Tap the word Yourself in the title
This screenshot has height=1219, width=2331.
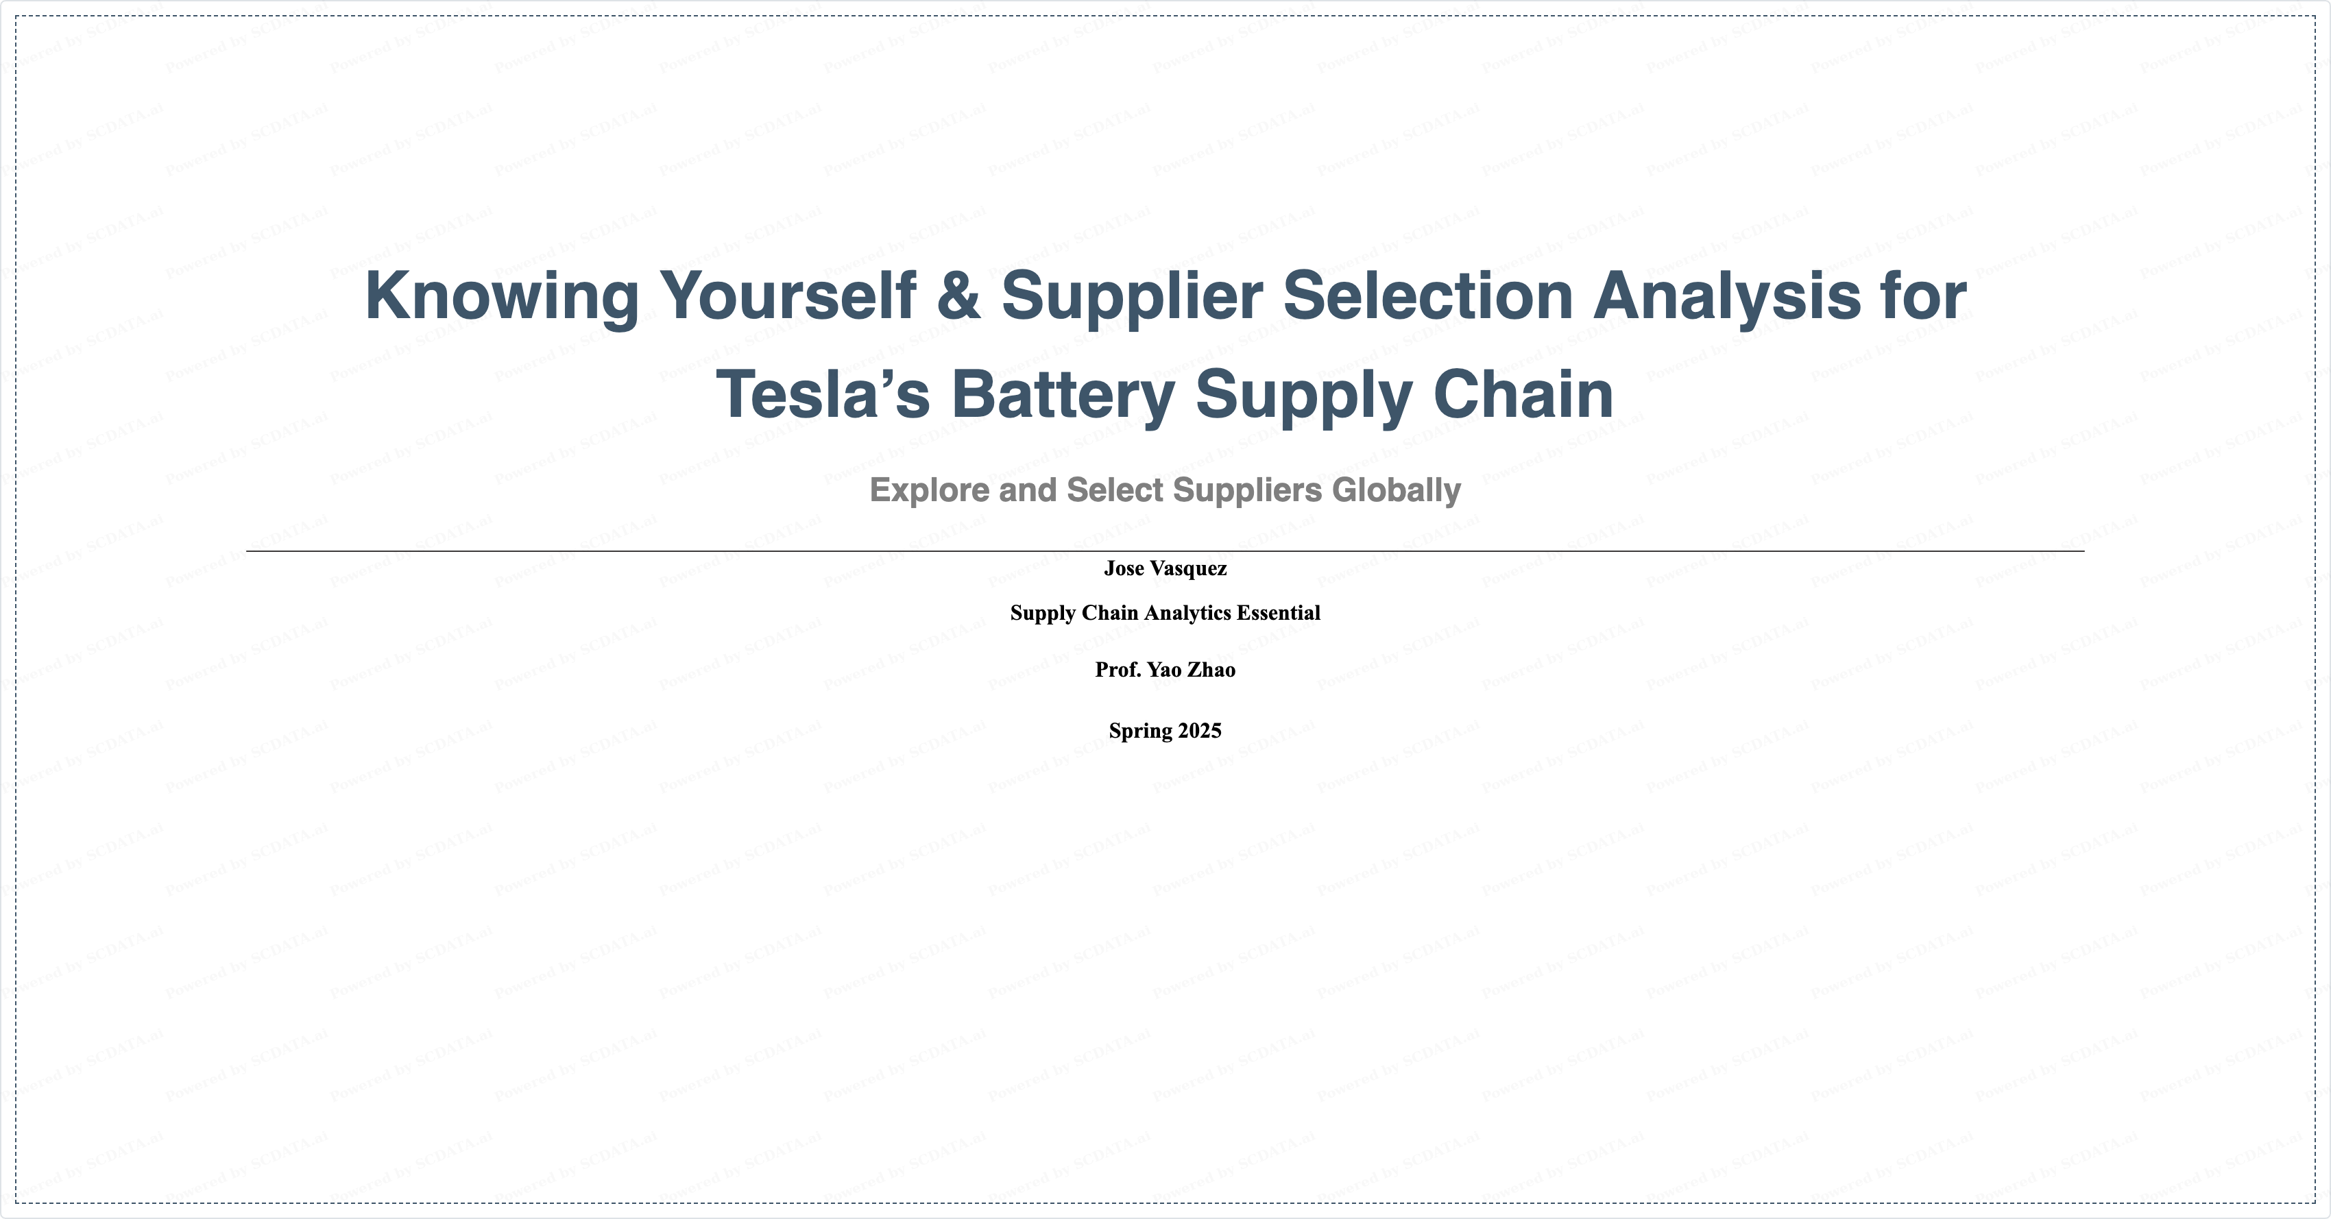pos(787,296)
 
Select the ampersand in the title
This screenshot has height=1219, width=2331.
pos(958,296)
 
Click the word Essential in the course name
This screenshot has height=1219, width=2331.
pos(1279,613)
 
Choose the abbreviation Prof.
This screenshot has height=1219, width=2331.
pos(1118,670)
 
